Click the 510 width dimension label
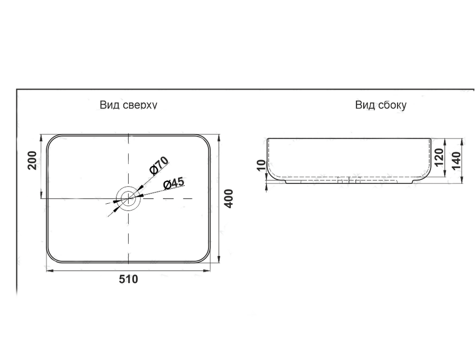[x=128, y=279]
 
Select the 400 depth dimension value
[x=229, y=199]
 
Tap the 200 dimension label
[x=32, y=160]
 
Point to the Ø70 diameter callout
[x=159, y=166]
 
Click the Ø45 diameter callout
[x=173, y=183]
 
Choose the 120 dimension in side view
[x=438, y=157]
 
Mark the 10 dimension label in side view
[x=261, y=165]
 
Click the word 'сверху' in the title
[x=140, y=105]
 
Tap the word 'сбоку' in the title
[x=392, y=105]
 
